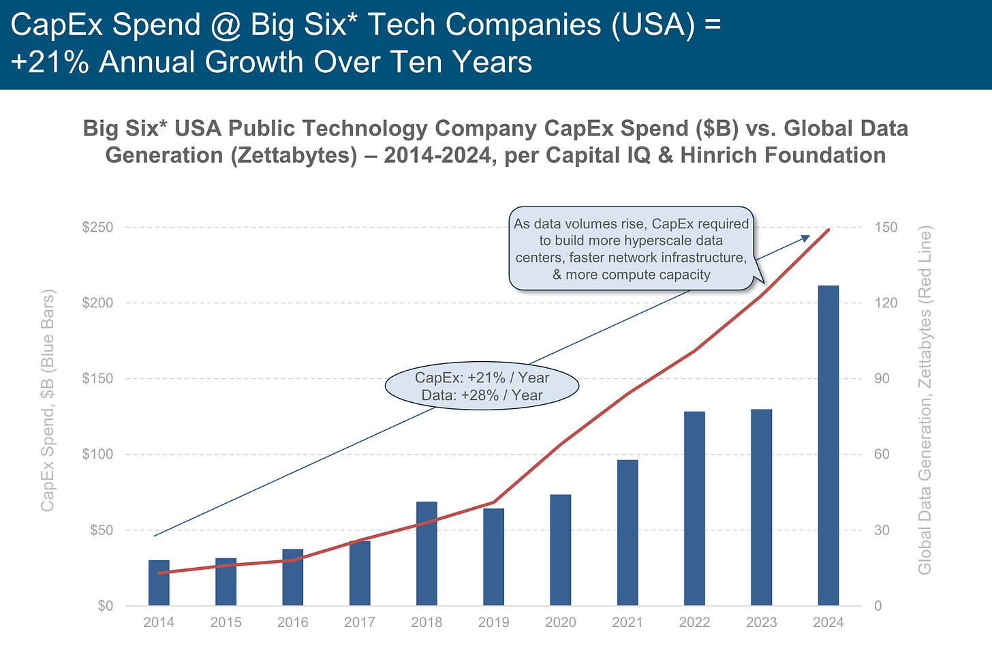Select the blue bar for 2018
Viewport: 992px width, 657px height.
coord(427,553)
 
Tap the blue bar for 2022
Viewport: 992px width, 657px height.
coord(694,508)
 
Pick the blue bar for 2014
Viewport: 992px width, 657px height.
coord(159,583)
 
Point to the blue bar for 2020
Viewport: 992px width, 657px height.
coord(560,550)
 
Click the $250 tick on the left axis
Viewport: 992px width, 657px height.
coord(97,227)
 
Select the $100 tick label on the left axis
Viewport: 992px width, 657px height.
coord(97,454)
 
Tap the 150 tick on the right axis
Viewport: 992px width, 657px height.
coord(886,227)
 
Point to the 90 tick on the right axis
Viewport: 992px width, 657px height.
coord(882,378)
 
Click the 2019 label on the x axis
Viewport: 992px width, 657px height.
coord(493,622)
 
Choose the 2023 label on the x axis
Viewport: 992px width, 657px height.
coord(761,622)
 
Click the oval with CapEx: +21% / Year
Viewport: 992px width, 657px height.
coord(482,386)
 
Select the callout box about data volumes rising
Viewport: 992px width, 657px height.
coord(631,249)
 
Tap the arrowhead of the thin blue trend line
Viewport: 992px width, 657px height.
coord(806,238)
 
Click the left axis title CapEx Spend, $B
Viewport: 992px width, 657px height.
coord(47,401)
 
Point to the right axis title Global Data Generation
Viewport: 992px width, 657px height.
coord(925,401)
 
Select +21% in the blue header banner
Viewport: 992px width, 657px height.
coord(50,62)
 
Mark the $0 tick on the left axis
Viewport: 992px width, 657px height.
coord(105,605)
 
